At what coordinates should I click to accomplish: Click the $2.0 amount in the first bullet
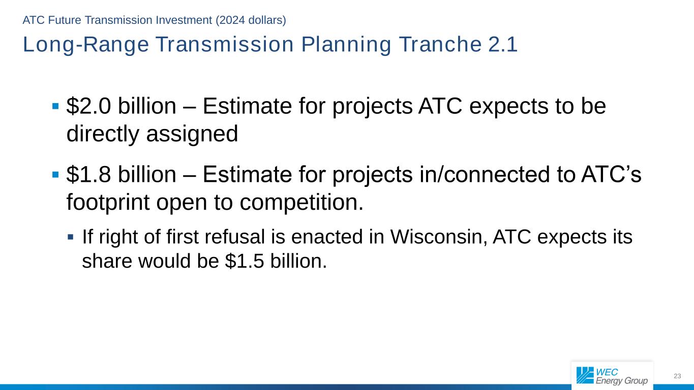pyautogui.click(x=88, y=106)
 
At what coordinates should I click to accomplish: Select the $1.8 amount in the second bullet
pyautogui.click(x=88, y=174)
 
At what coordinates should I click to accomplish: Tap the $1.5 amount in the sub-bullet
pyautogui.click(x=245, y=261)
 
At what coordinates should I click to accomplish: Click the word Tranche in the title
pyautogui.click(x=440, y=44)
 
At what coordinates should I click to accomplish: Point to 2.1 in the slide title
pyautogui.click(x=503, y=44)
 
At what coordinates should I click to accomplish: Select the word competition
pyautogui.click(x=301, y=202)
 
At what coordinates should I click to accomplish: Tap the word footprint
pyautogui.click(x=108, y=202)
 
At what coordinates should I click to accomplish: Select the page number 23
pyautogui.click(x=677, y=376)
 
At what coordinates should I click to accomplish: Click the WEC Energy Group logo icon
pyautogui.click(x=585, y=375)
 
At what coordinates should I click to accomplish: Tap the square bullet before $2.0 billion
pyautogui.click(x=56, y=106)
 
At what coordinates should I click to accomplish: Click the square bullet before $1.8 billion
pyautogui.click(x=56, y=175)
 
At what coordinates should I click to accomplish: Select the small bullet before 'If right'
pyautogui.click(x=71, y=237)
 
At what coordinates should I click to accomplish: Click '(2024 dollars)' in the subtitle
pyautogui.click(x=251, y=20)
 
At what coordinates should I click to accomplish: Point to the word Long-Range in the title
pyautogui.click(x=86, y=45)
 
